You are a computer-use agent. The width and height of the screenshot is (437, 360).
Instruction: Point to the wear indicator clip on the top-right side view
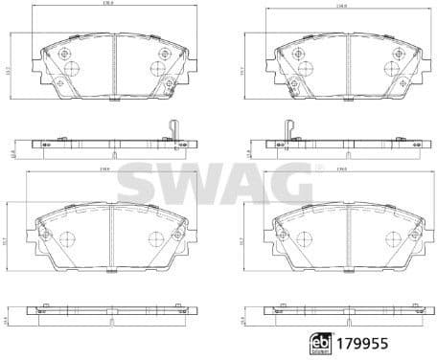(287, 133)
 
